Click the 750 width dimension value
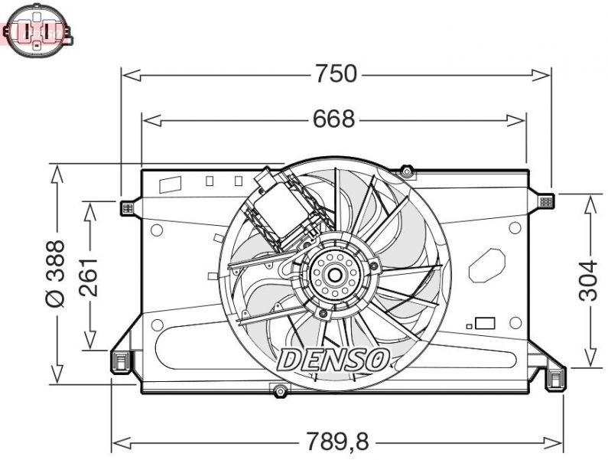pyautogui.click(x=336, y=74)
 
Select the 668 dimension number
pyautogui.click(x=333, y=119)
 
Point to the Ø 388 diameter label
pyautogui.click(x=56, y=273)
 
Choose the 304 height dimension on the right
pyautogui.click(x=588, y=280)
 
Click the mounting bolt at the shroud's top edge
pyautogui.click(x=407, y=172)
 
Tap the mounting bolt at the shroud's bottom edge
pyautogui.click(x=279, y=393)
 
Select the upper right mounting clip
pyautogui.click(x=545, y=201)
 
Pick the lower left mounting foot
pyautogui.click(x=121, y=361)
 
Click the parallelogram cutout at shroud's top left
pyautogui.click(x=169, y=184)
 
